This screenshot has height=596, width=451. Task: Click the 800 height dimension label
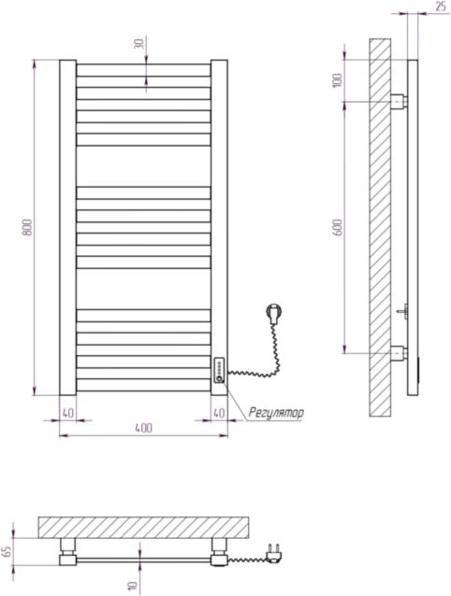(28, 227)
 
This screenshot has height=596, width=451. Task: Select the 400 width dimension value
(142, 428)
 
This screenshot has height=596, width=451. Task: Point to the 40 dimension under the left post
(67, 412)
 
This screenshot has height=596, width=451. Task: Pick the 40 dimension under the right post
(218, 412)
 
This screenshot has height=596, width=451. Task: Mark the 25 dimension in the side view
(440, 7)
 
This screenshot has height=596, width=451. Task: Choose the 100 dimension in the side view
(339, 80)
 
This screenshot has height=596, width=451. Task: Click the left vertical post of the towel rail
(67, 227)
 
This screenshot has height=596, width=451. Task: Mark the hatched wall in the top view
(140, 526)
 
